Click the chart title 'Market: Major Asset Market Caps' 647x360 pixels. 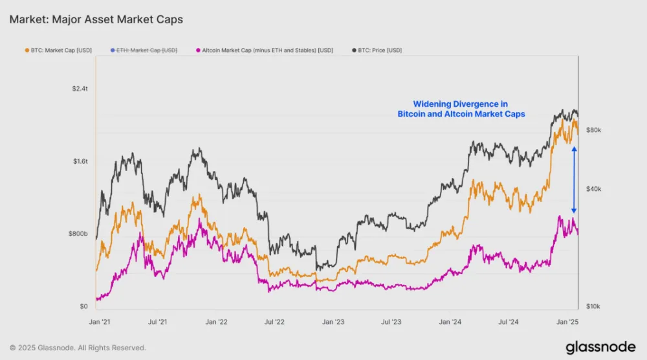pos(96,19)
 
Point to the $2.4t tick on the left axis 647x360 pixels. pos(80,88)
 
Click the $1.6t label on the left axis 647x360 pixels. pos(80,161)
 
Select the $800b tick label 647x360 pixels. pos(78,233)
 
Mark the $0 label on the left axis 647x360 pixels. pos(83,306)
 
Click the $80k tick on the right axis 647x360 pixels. pos(593,130)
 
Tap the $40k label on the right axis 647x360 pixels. pos(593,189)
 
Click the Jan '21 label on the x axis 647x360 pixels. pos(99,321)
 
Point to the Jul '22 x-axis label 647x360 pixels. pos(275,321)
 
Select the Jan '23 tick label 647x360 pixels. pos(333,321)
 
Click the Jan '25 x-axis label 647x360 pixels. pos(568,321)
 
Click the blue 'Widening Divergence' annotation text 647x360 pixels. pos(461,109)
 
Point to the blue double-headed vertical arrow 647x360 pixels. pos(573,180)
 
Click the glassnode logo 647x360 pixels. pos(600,348)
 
